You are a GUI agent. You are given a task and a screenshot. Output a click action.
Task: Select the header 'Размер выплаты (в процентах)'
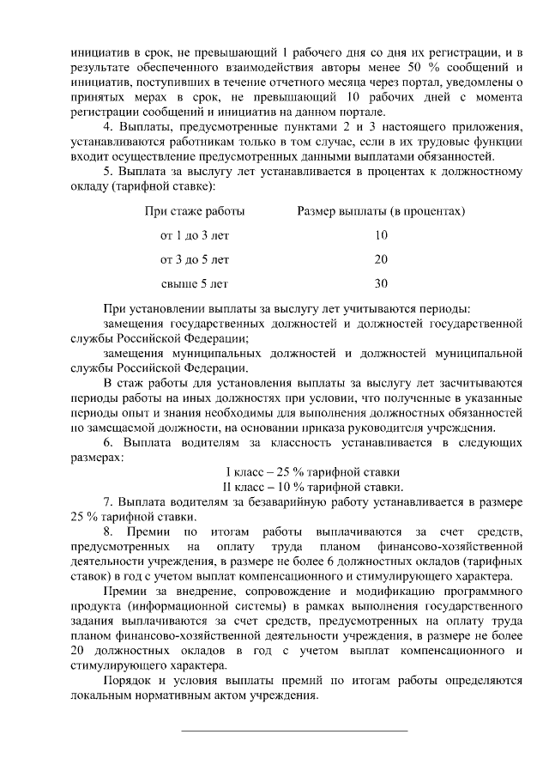pos(381,210)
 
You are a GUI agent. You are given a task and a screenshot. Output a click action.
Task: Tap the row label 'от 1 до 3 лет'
pos(195,234)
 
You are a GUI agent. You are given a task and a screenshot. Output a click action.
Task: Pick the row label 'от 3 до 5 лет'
pos(195,258)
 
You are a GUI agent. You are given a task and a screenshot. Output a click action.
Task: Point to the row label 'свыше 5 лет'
pos(195,282)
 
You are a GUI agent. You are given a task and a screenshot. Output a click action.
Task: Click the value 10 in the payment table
pos(381,234)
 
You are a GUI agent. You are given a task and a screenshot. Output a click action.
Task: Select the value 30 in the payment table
pos(381,282)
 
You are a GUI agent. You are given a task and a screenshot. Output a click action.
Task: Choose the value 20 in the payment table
pos(381,258)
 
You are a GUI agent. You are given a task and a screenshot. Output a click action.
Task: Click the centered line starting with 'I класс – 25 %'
pos(312,472)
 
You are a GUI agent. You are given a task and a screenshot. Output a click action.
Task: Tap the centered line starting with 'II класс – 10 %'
pos(312,487)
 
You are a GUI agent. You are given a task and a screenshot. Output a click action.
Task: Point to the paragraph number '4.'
pos(109,128)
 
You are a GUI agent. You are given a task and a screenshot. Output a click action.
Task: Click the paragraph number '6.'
pos(109,442)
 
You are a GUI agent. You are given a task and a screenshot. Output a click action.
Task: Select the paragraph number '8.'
pos(109,532)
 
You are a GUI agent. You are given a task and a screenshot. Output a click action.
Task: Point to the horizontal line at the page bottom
pos(295,730)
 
